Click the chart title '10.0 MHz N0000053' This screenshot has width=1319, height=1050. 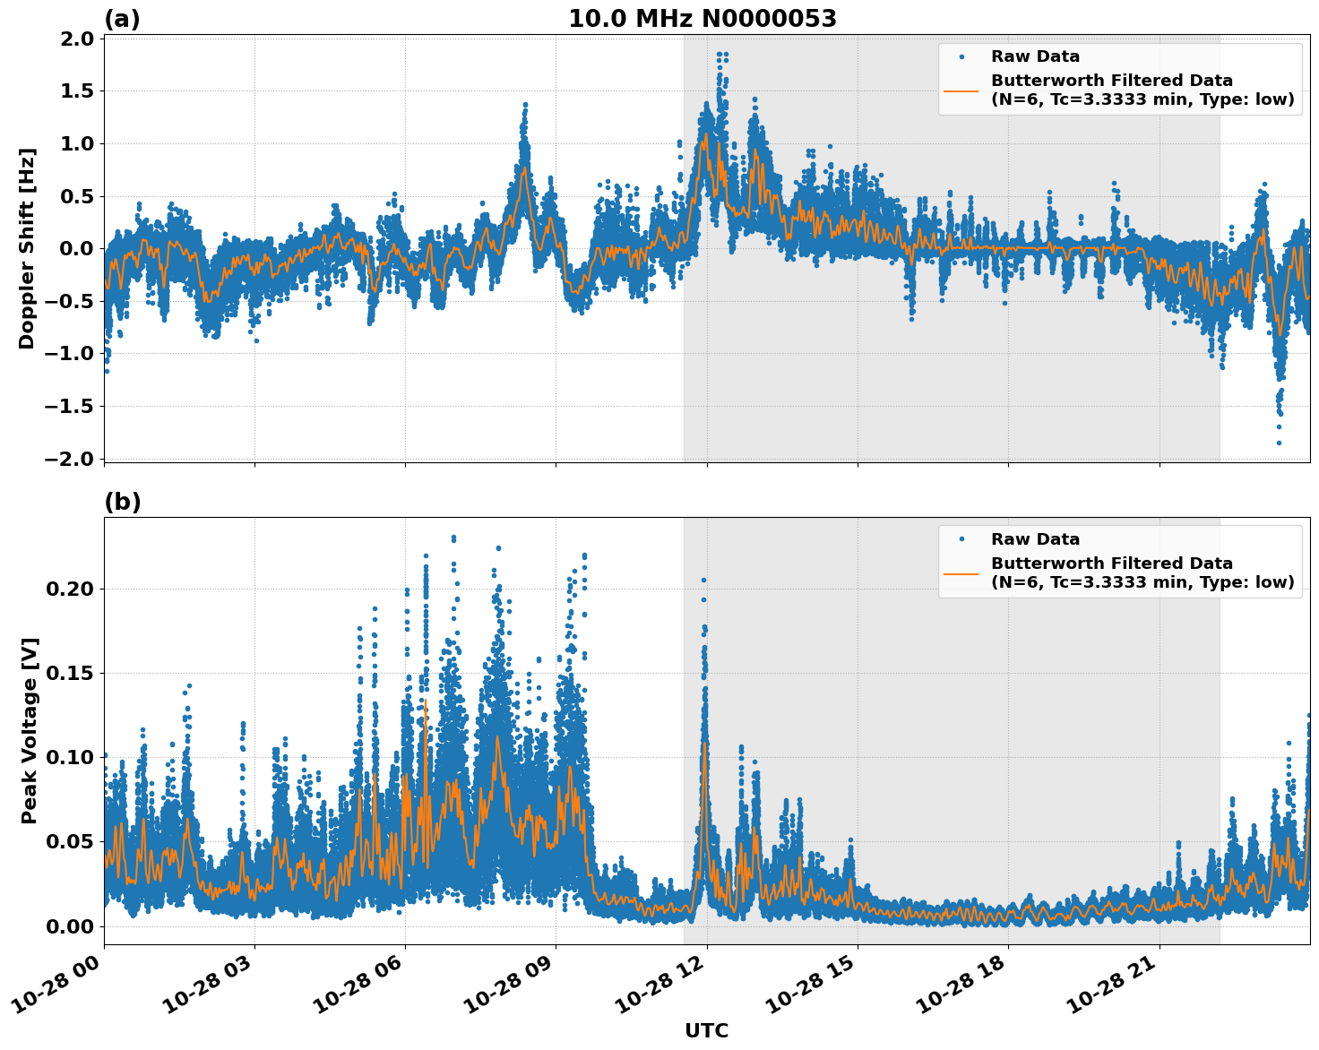point(702,19)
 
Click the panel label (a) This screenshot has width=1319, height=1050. point(122,19)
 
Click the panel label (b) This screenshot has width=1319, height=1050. point(122,502)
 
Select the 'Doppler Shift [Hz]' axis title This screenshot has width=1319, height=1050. point(27,248)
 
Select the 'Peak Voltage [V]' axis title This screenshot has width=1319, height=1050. point(30,730)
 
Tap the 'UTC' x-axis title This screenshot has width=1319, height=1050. point(706,1030)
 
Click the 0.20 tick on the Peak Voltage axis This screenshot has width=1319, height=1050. point(71,589)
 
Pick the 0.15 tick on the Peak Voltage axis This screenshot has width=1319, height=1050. point(71,673)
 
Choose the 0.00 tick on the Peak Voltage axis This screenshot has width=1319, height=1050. point(71,926)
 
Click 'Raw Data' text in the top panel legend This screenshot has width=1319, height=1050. point(1035,56)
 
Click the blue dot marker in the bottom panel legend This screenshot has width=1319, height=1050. point(961,539)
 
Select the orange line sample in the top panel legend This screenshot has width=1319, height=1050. point(961,90)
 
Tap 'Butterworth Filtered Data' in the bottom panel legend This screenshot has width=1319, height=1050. point(1111,564)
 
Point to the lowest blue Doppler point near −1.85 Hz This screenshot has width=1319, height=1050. point(1279,443)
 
